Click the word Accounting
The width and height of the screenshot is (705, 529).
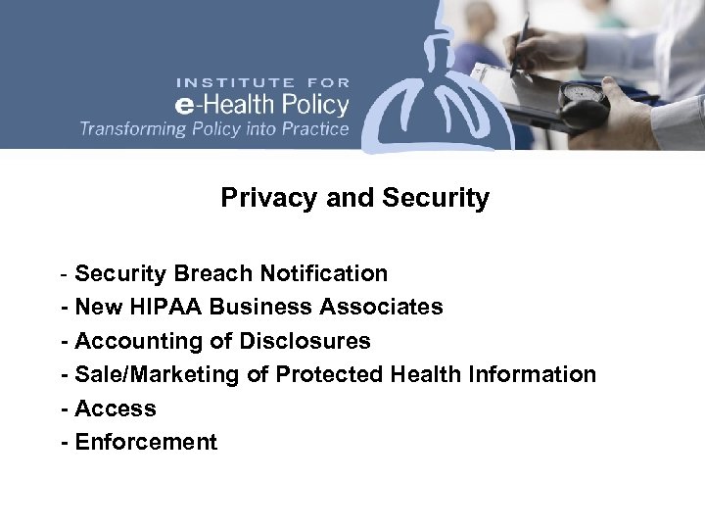tap(129, 341)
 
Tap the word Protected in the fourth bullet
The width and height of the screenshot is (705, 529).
tap(328, 374)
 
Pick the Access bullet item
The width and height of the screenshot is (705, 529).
tap(116, 409)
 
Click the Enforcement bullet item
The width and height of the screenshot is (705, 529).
tap(146, 442)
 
